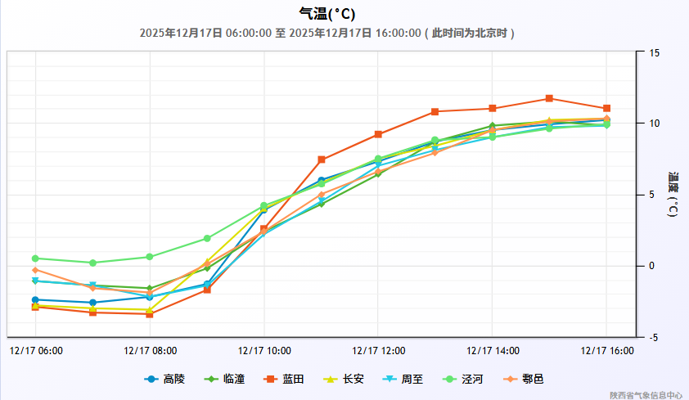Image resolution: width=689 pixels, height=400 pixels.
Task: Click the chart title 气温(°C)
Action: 327,14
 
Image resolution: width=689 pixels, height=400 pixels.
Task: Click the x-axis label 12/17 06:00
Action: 36,351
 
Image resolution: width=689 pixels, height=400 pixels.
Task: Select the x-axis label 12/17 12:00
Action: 379,351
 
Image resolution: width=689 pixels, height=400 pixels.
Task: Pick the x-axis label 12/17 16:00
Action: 607,351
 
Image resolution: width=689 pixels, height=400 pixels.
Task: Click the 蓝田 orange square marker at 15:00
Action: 549,99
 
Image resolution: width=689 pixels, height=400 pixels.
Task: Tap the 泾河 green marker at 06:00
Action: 35,258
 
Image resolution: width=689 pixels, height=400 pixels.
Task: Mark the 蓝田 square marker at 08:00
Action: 150,314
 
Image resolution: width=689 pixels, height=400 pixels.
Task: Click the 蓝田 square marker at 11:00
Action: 322,160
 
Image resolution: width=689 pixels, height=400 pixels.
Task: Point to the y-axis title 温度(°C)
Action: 673,194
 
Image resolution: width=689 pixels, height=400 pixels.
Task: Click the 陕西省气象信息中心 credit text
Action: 646,394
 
